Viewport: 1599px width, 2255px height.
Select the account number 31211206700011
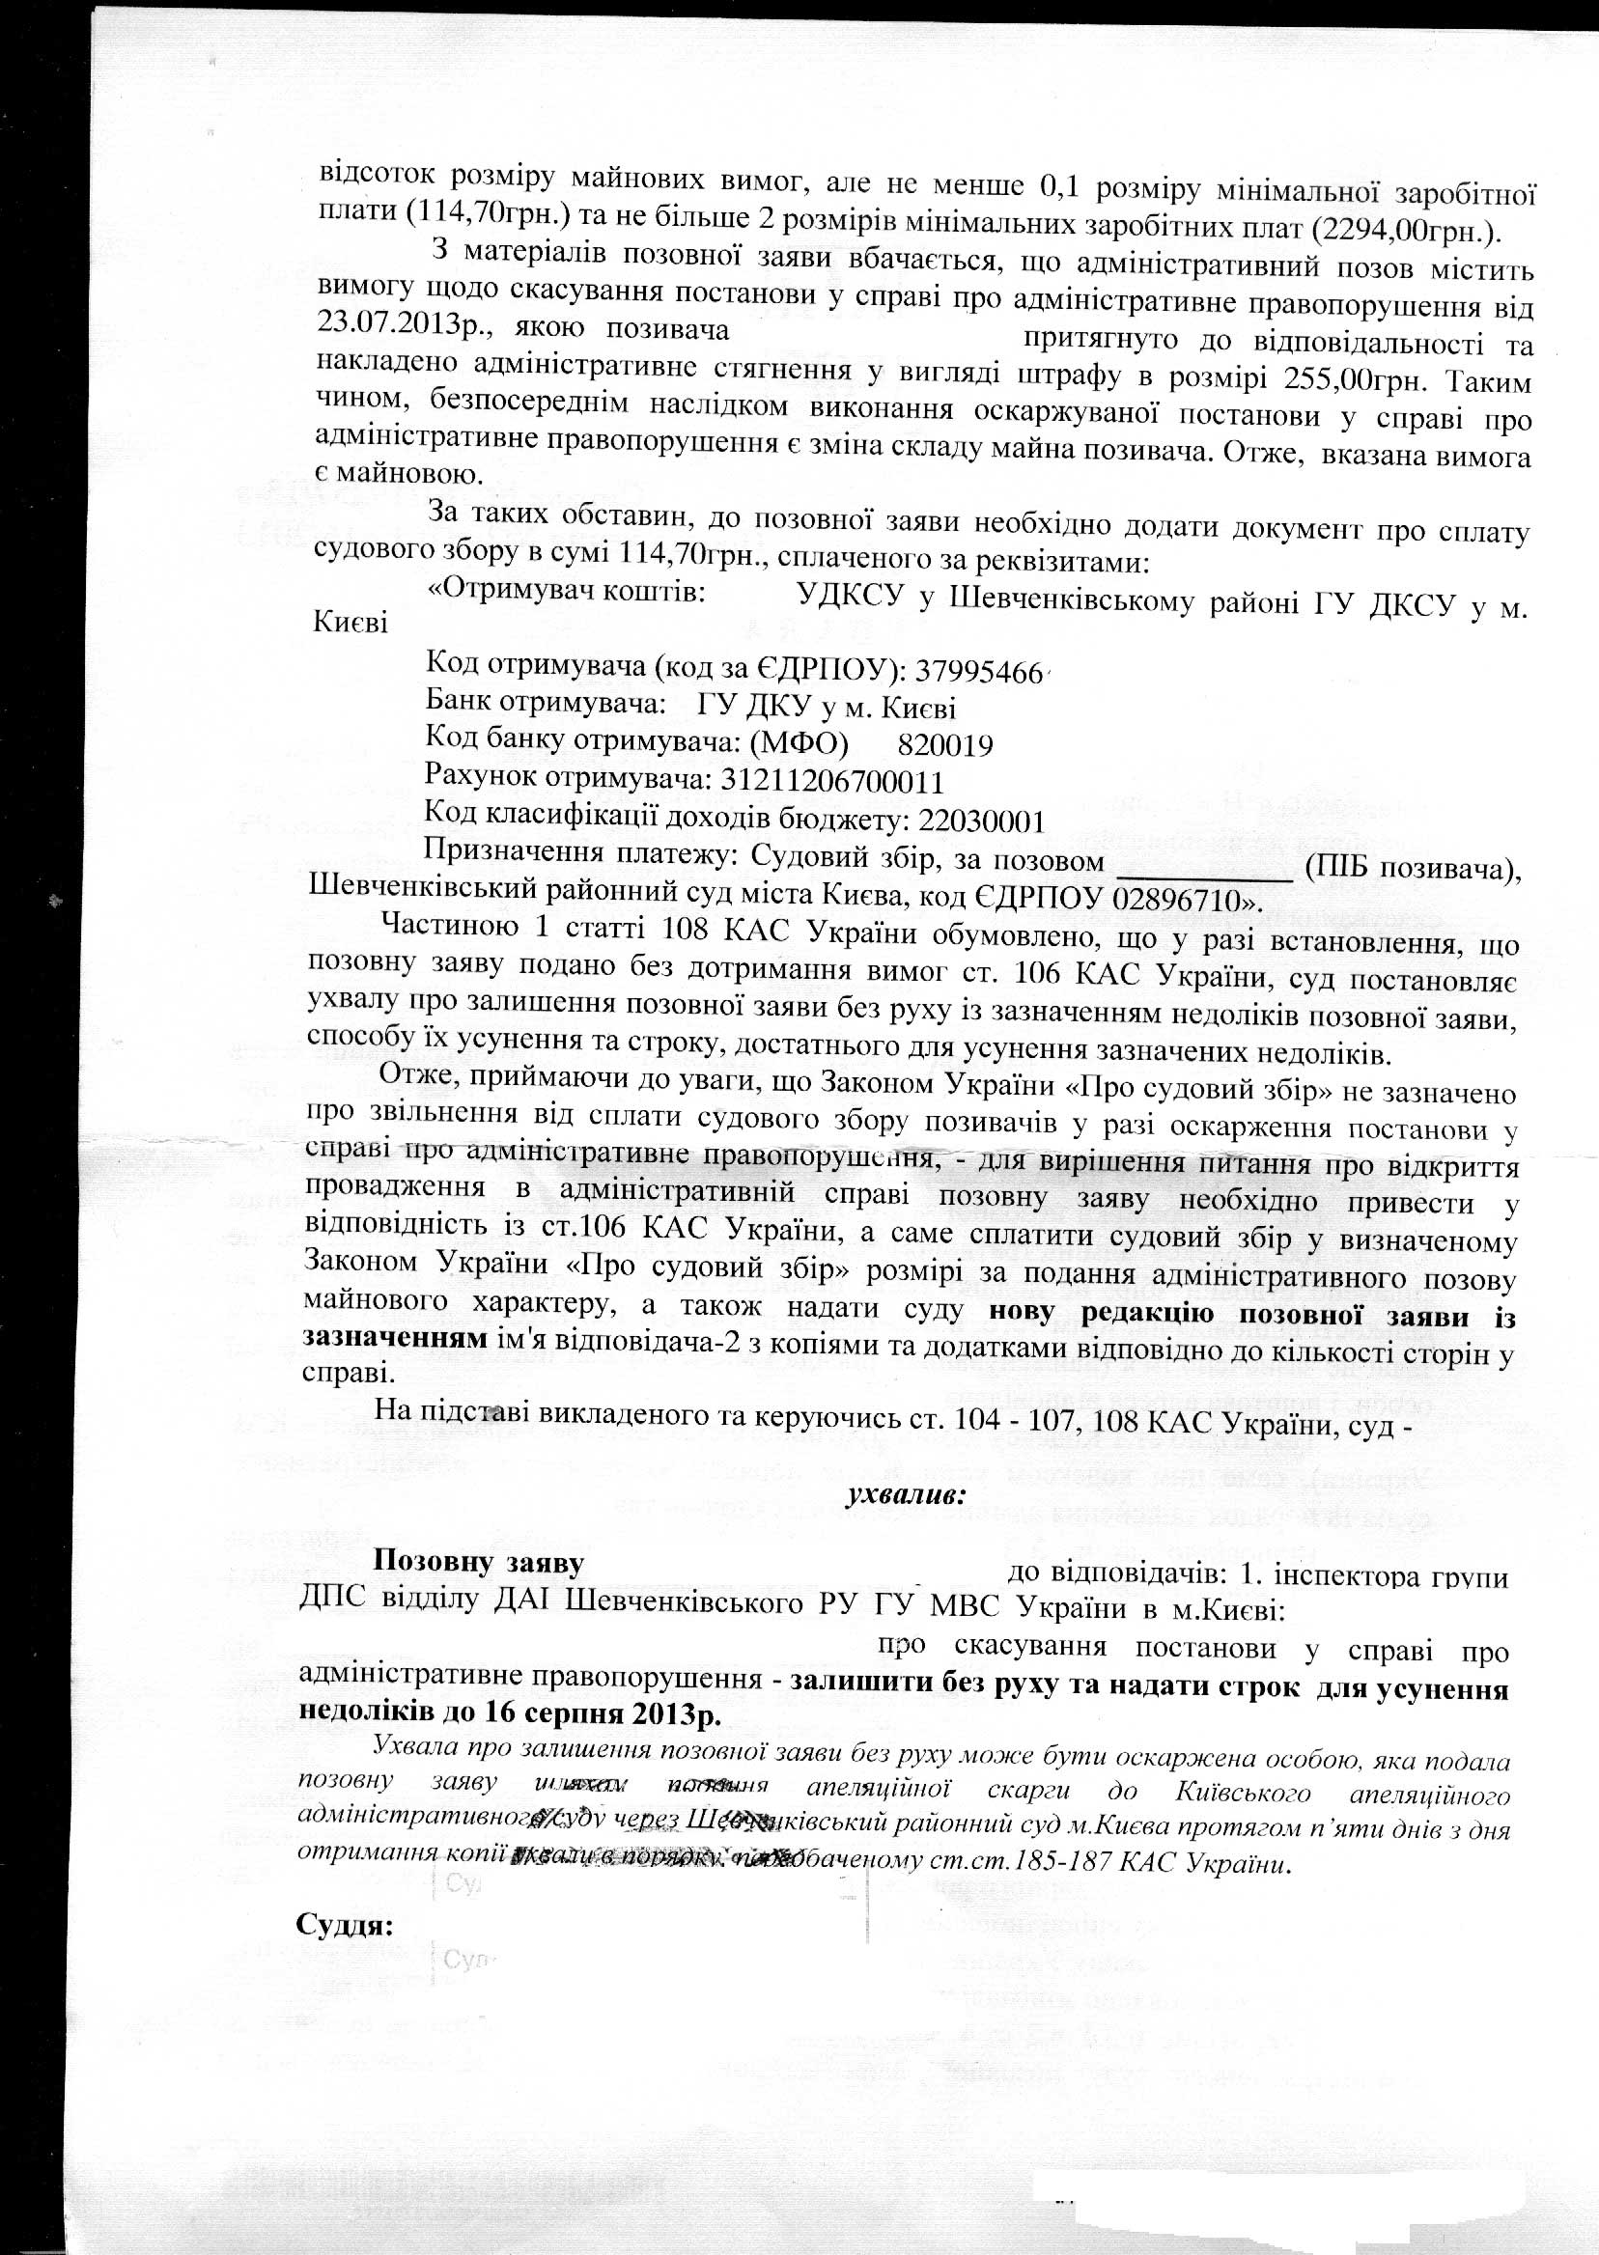click(x=832, y=782)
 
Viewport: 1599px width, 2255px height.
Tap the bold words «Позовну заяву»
click(x=479, y=1562)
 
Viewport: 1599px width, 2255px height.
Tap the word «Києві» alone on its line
click(x=350, y=624)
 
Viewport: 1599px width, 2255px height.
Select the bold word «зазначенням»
click(x=394, y=1339)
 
